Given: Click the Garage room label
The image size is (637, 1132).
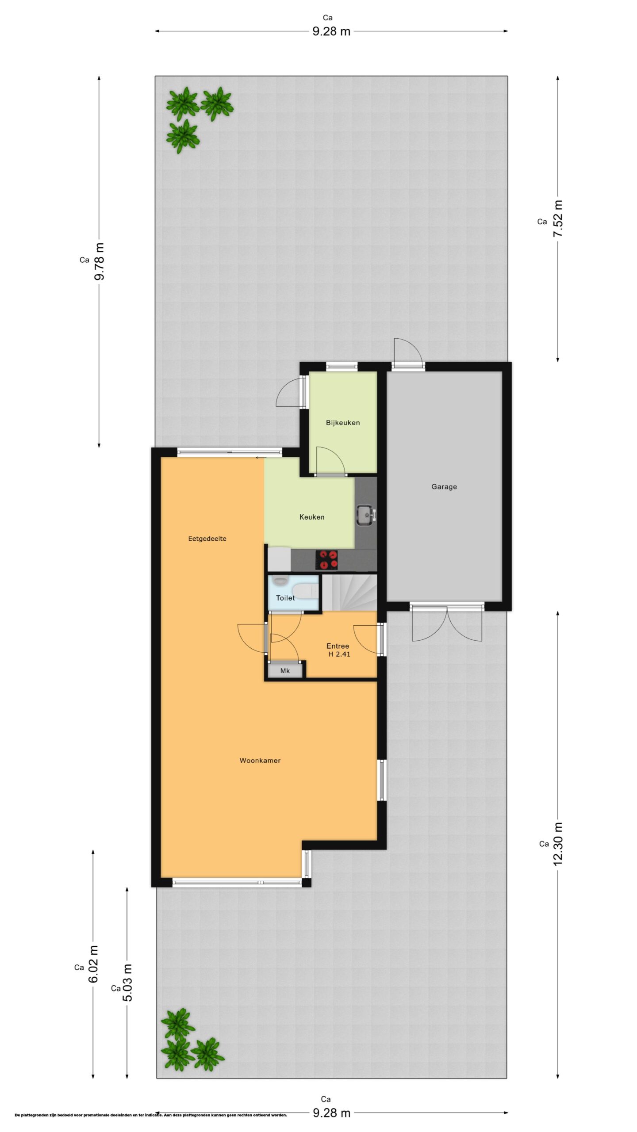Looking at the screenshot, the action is pos(444,487).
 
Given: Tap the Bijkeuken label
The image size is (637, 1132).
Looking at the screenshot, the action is pos(343,423).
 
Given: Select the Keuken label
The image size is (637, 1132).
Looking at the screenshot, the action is pos(312,517).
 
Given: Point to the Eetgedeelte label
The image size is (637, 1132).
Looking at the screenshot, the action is pos(207,539).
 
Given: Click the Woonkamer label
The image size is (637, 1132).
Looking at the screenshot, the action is pos(260,761).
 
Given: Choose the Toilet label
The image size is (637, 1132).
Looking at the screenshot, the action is pos(285,598).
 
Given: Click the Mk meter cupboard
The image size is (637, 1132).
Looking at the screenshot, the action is pos(285,671).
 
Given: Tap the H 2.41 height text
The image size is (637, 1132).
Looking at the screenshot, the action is pos(339,654).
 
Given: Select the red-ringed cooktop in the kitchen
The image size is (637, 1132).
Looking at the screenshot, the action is pos(326,560).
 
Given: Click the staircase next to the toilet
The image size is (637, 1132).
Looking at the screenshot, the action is pos(349,592).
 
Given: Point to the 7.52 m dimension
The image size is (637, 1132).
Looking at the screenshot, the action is pos(558,218).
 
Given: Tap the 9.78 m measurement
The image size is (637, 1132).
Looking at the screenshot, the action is pos(99,261).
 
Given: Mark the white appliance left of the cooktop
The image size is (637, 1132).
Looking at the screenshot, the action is pos(279,559).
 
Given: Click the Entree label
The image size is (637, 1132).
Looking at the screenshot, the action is pos(338,646).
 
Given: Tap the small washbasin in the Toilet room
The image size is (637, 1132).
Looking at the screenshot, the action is pos(280,581).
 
